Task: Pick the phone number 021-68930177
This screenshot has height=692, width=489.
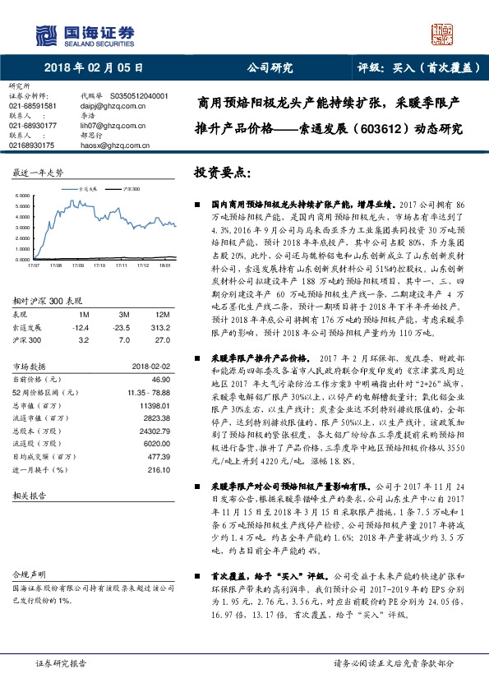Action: [33, 126]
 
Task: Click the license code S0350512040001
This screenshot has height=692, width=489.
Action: [138, 96]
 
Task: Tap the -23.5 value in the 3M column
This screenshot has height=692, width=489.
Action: [124, 326]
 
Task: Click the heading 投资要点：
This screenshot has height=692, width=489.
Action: [220, 174]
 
